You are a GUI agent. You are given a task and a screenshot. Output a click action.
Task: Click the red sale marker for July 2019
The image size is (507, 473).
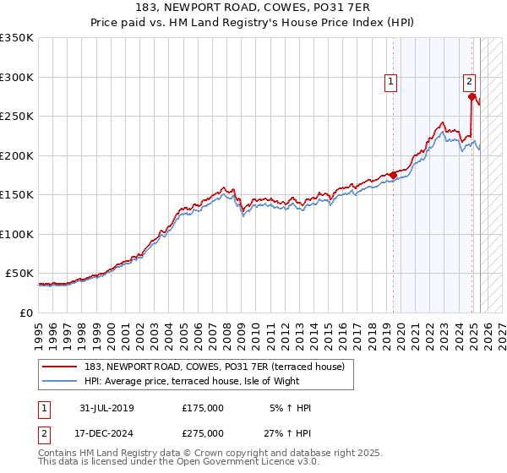click(x=393, y=176)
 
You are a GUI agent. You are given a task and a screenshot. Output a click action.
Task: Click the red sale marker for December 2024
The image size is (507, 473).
click(x=472, y=96)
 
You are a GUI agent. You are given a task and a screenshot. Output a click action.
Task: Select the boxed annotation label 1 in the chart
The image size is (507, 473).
click(x=392, y=82)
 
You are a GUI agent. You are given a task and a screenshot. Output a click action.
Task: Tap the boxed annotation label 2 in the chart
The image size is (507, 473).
click(x=469, y=82)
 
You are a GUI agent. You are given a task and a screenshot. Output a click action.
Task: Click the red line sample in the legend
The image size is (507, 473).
click(x=57, y=367)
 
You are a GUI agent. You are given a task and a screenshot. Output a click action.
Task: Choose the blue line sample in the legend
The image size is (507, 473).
click(x=57, y=381)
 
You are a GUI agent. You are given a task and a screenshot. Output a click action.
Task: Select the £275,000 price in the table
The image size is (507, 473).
click(x=203, y=433)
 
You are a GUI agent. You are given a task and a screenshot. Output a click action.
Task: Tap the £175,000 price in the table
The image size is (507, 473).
click(x=203, y=408)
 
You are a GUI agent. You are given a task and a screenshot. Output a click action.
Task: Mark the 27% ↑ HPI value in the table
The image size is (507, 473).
click(x=287, y=433)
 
